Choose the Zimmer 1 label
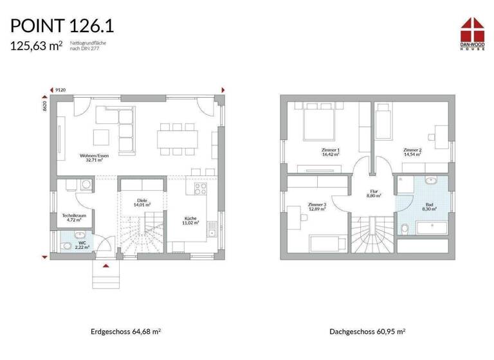329,152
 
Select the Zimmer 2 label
412,152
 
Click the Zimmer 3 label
317,206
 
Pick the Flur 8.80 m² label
373,193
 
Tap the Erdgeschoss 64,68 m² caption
126,332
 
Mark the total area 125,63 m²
36,45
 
